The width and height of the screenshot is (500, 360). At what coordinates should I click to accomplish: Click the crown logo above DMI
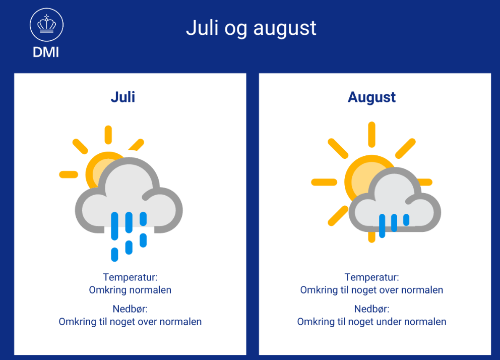[x=46, y=25]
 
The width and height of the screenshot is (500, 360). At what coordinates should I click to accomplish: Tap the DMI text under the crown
[x=46, y=52]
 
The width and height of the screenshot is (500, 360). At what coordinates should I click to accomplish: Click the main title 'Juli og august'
[x=251, y=28]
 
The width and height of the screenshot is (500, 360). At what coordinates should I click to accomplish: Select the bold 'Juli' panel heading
[x=123, y=97]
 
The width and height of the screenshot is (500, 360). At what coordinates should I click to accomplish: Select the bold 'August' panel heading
[x=371, y=97]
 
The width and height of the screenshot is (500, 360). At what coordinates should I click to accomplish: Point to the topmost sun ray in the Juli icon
[x=108, y=135]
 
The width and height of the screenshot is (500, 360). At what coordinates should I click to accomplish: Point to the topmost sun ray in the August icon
[x=371, y=135]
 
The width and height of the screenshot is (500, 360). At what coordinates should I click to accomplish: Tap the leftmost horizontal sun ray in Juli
[x=69, y=174]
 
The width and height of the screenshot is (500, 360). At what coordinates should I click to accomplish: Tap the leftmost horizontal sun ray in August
[x=324, y=182]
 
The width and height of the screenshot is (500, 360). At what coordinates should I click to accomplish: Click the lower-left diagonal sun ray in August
[x=338, y=216]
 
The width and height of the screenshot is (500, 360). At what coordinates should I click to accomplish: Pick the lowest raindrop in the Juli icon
[x=114, y=255]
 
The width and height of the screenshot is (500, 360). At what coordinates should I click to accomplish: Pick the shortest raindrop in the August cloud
[x=406, y=220]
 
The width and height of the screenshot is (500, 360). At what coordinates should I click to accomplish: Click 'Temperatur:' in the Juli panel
[x=130, y=277]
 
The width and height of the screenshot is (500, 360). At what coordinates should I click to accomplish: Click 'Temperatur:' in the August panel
[x=371, y=277]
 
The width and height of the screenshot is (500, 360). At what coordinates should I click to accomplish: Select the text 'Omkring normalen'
[x=130, y=290]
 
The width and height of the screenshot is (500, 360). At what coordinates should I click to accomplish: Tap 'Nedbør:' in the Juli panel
[x=130, y=309]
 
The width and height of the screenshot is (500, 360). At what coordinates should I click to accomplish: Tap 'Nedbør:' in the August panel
[x=371, y=309]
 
